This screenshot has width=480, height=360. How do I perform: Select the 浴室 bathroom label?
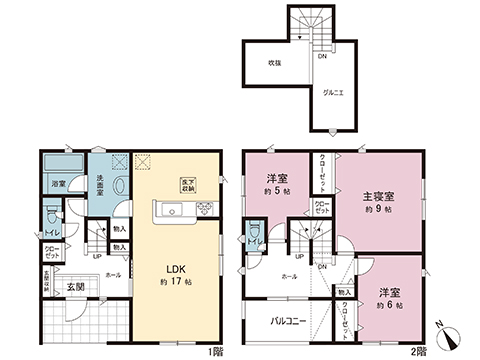click(x=59, y=184)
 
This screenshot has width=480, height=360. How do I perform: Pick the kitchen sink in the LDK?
click(x=167, y=211)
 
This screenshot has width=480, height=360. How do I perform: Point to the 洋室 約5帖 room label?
click(x=276, y=182)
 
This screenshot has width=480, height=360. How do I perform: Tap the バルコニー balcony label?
click(x=285, y=324)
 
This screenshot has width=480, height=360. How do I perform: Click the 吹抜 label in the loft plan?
click(x=273, y=63)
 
